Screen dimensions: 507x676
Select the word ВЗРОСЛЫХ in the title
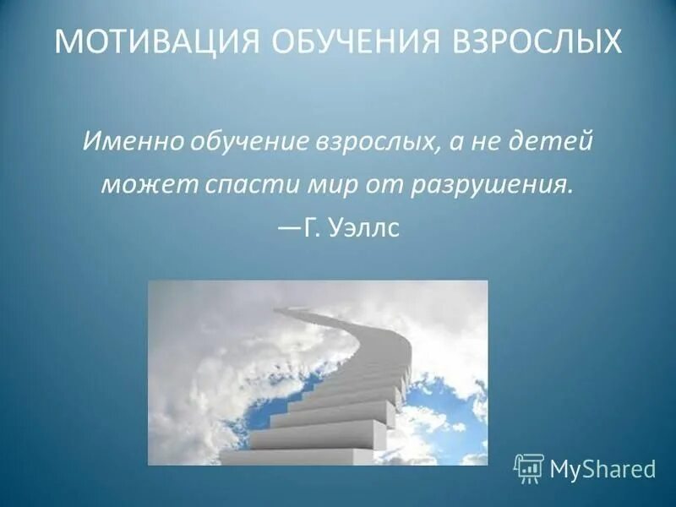coord(529,41)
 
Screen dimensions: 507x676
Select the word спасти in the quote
coord(233,184)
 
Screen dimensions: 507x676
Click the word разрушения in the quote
coord(491,184)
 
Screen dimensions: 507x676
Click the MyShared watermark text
coord(602,469)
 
